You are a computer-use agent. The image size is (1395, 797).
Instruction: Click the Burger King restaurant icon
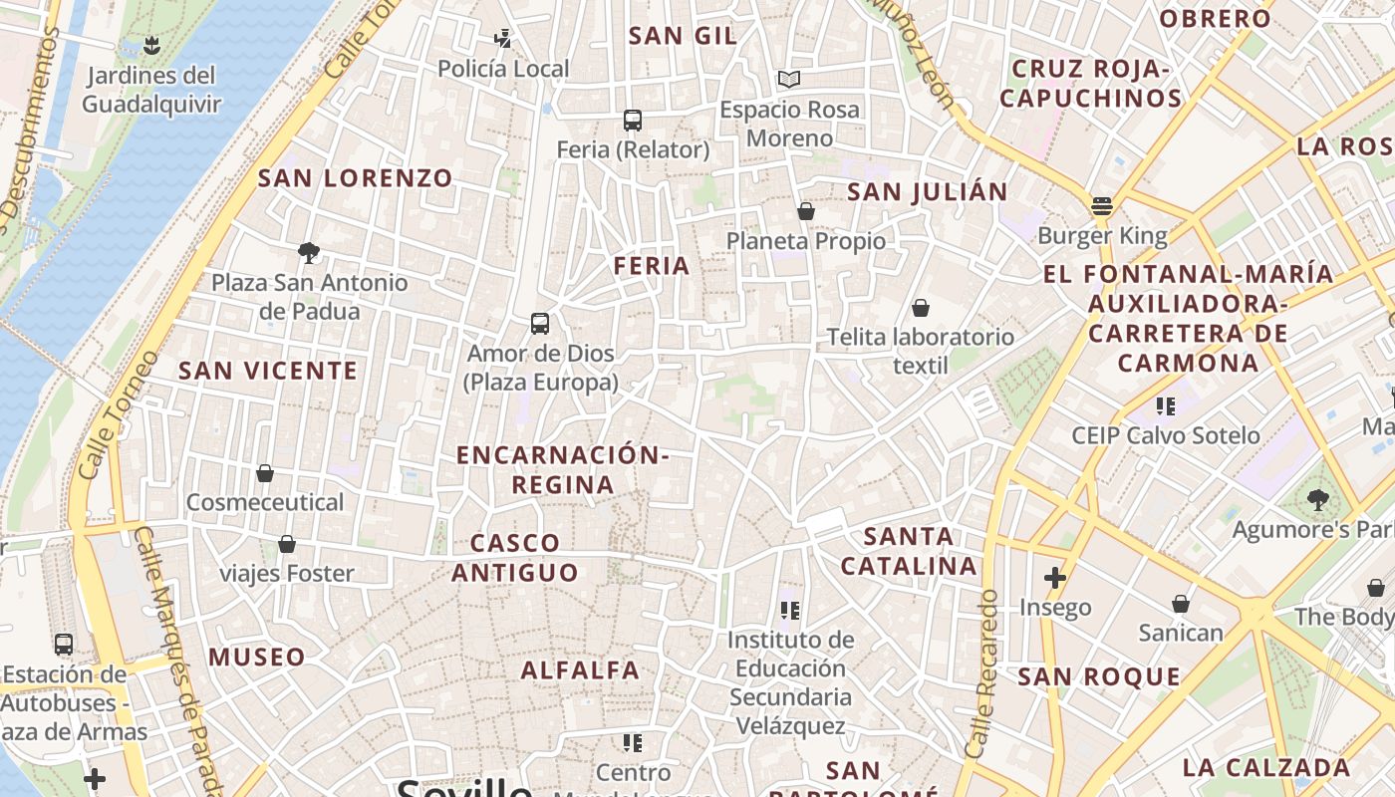[x=1101, y=206]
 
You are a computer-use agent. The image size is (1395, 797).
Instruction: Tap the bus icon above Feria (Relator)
[x=633, y=121]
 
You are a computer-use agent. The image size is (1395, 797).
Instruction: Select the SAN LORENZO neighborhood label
[x=356, y=178]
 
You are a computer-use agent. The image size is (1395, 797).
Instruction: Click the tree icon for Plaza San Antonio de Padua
[x=309, y=253]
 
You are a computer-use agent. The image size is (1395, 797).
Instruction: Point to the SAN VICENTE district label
[x=267, y=371]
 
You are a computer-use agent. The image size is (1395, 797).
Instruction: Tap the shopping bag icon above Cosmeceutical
[x=265, y=473]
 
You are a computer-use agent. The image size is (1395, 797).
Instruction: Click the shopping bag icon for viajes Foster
[x=287, y=544]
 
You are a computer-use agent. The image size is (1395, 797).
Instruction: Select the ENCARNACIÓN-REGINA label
[x=562, y=470]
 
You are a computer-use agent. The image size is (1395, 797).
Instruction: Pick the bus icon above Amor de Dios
[x=540, y=324]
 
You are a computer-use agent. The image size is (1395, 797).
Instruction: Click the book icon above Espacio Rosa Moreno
[x=789, y=79]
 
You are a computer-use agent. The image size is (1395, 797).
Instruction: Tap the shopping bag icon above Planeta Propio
[x=806, y=211]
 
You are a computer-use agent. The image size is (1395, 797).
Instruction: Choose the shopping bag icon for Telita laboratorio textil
[x=921, y=308]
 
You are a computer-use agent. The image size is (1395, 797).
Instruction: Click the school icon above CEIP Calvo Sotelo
[x=1166, y=405]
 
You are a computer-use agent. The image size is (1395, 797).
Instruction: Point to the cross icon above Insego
[x=1055, y=578]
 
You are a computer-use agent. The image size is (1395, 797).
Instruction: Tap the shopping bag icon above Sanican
[x=1181, y=604]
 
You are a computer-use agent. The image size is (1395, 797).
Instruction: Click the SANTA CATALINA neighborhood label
[x=909, y=551]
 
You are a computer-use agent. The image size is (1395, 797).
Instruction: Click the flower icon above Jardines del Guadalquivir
[x=151, y=45]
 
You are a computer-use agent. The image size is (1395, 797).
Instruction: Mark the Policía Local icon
[x=503, y=39]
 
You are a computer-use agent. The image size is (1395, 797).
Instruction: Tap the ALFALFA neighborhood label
[x=581, y=669]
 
